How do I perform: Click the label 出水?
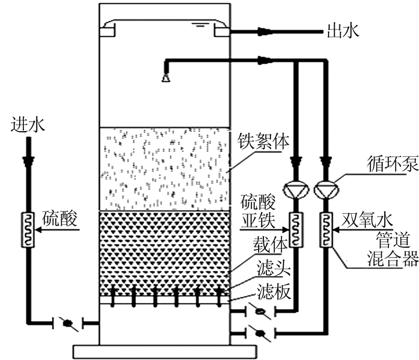(344, 31)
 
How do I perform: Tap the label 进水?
(28, 125)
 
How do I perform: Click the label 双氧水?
(367, 220)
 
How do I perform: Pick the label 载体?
(271, 244)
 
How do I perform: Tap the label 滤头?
(274, 268)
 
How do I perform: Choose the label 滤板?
(274, 291)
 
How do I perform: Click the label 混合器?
(393, 259)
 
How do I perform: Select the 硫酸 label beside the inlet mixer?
(60, 218)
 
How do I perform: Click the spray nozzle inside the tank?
(166, 77)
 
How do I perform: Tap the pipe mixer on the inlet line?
(28, 230)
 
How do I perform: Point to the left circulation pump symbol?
(296, 189)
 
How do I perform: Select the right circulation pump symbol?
(327, 189)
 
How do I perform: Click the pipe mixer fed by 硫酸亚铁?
(296, 230)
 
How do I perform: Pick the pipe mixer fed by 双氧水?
(326, 230)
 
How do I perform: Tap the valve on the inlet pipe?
(68, 323)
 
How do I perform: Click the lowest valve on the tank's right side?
(260, 334)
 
